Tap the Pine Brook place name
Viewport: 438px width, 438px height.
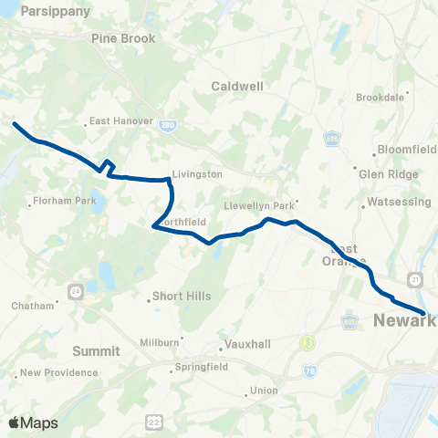click(124, 38)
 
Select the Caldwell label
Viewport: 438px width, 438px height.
click(237, 86)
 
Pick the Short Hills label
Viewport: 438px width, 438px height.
click(183, 297)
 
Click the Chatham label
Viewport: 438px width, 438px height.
click(34, 306)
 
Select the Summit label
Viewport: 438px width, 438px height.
click(97, 350)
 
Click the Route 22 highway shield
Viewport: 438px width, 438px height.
click(152, 421)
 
